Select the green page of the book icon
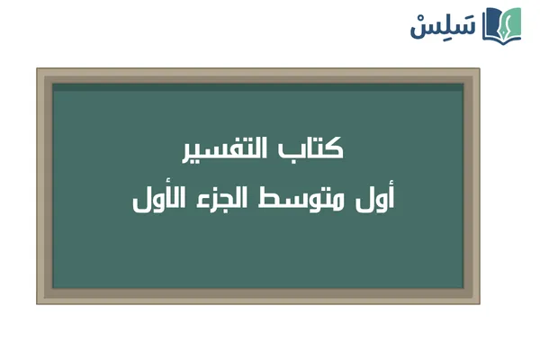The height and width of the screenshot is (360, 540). (513, 23)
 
